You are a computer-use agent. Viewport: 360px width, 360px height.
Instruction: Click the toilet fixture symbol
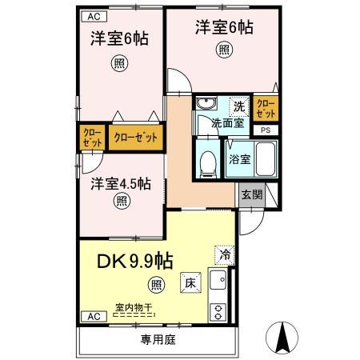pos(208,162)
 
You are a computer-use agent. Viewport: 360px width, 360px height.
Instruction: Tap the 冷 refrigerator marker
pos(225,254)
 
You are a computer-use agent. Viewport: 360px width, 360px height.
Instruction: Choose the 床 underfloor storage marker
pos(190,284)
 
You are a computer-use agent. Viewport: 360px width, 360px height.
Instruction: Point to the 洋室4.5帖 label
pos(121,182)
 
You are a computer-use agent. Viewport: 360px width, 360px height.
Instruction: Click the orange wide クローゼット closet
pos(135,137)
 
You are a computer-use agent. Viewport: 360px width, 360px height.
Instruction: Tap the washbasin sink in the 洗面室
pos(206,105)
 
